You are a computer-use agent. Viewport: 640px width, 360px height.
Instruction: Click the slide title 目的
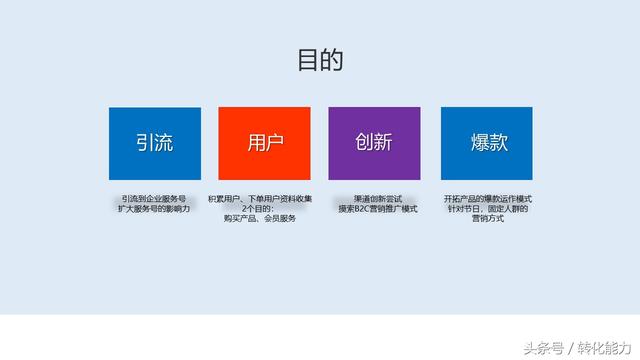click(320, 60)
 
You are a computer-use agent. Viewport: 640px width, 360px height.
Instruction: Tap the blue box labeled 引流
click(154, 143)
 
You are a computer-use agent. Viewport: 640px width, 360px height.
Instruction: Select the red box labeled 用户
click(264, 143)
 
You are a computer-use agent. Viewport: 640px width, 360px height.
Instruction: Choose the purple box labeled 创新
click(374, 143)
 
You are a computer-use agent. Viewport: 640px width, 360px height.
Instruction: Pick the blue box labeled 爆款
click(486, 143)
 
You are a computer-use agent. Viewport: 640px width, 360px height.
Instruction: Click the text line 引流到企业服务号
click(154, 199)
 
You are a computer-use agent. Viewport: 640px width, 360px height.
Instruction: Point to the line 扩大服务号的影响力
click(154, 208)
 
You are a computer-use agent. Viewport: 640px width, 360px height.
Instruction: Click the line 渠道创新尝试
click(377, 199)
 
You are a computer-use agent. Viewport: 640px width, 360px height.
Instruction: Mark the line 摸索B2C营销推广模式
click(377, 208)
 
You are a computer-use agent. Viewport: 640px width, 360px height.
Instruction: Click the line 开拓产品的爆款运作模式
click(487, 199)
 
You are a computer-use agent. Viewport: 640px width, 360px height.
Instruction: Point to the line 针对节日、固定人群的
click(487, 208)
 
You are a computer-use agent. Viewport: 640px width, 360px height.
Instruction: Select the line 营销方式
click(487, 218)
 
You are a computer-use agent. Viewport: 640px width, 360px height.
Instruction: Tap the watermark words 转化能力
click(604, 347)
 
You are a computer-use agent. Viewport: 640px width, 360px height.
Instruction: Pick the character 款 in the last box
click(497, 143)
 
